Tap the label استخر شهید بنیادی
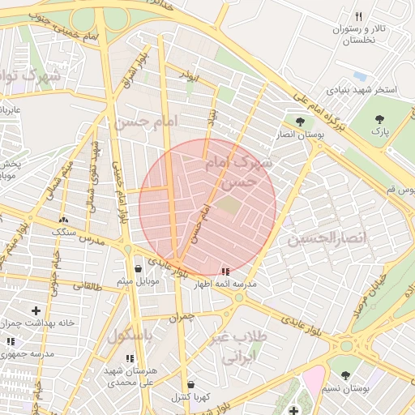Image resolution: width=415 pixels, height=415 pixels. [x=362, y=89]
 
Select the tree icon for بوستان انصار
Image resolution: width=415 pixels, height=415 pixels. [x=300, y=122]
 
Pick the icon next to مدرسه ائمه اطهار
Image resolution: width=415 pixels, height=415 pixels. [x=225, y=272]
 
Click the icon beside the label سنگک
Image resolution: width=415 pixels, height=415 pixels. [x=63, y=220]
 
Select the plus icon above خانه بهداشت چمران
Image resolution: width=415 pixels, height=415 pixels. [x=36, y=310]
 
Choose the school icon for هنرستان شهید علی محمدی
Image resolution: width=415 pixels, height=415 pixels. [x=130, y=357]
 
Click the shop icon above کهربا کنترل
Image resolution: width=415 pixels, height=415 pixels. [x=190, y=384]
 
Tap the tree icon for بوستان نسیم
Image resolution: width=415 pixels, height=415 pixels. [x=346, y=375]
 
